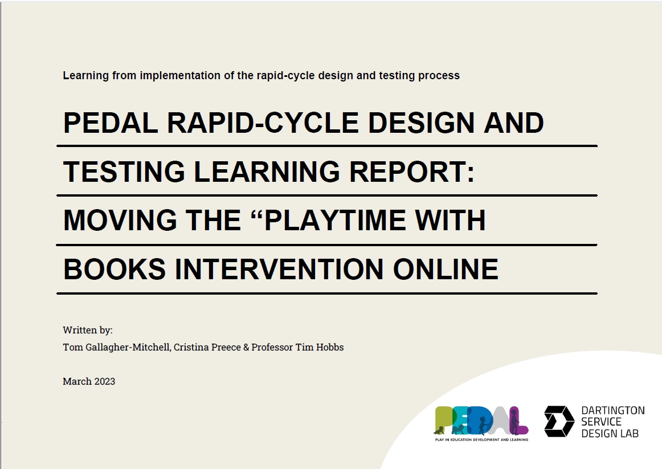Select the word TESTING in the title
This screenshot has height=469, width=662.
[x=124, y=172]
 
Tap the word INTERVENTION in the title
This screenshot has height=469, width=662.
[x=279, y=270]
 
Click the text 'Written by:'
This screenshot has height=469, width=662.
[x=88, y=330]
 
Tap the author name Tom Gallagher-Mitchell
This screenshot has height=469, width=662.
[x=116, y=347]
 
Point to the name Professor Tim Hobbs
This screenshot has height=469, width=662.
[x=301, y=347]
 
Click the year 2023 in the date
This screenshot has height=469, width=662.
[x=104, y=381]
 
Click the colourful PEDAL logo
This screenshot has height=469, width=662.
[x=481, y=421]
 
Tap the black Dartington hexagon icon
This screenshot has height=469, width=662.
[x=559, y=422]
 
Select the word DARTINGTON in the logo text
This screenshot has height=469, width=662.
[x=612, y=411]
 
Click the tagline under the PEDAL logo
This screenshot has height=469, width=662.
[x=481, y=439]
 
